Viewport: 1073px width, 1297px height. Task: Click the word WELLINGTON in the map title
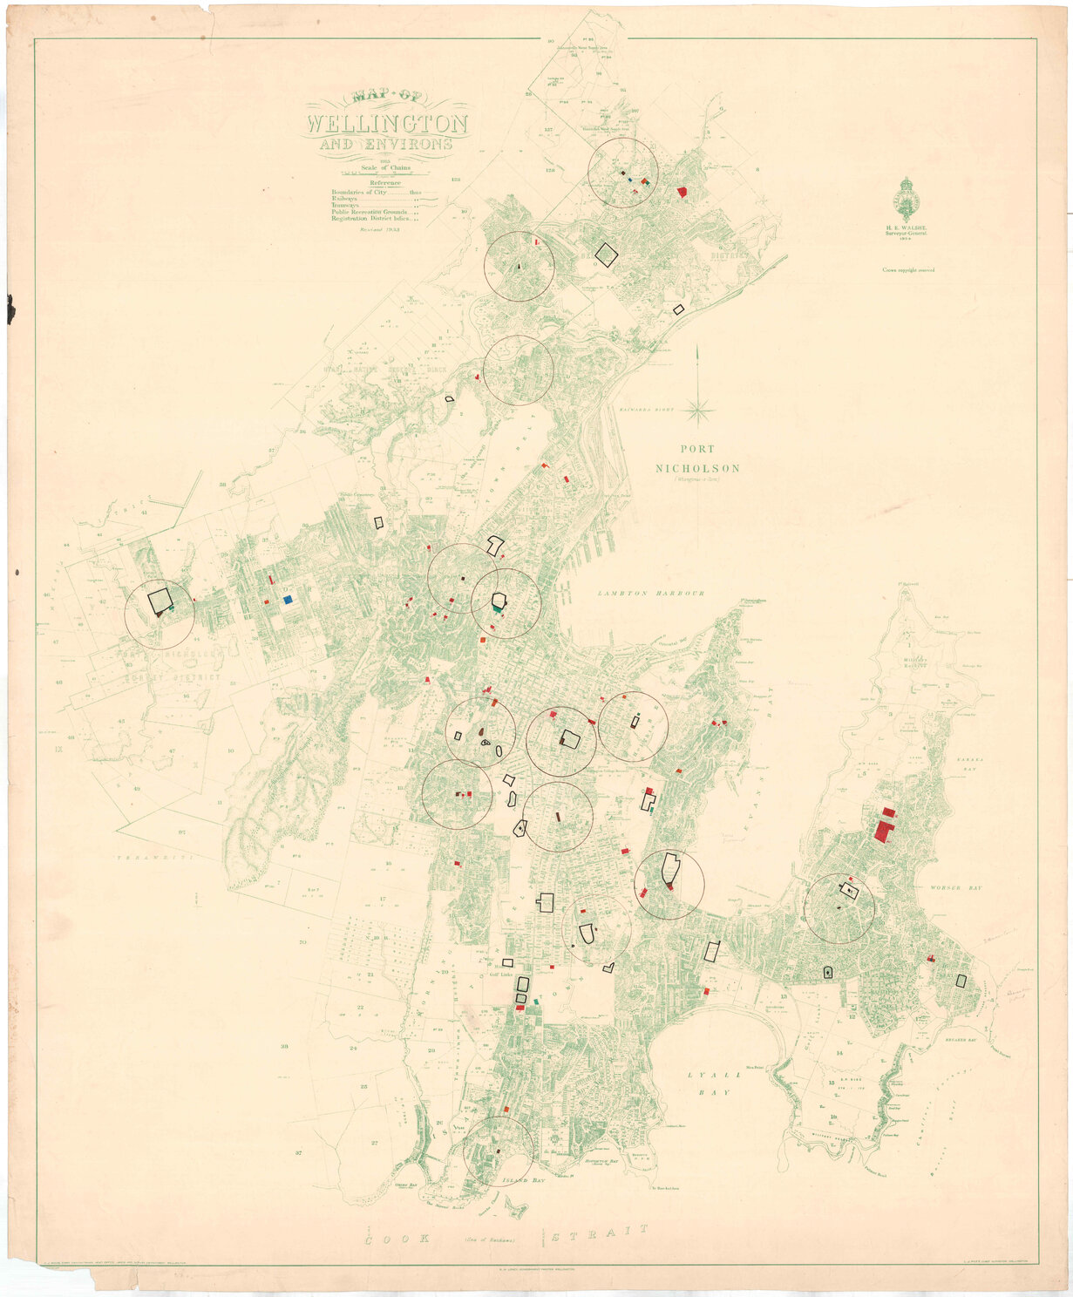(387, 124)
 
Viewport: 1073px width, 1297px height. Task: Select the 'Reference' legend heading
(384, 183)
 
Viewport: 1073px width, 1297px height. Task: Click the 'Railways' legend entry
(345, 200)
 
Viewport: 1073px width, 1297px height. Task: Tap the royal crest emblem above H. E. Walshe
(907, 198)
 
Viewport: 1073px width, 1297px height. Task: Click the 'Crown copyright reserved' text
(908, 270)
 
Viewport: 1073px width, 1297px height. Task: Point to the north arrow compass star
(697, 407)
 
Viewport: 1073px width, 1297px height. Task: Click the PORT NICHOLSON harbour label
(697, 460)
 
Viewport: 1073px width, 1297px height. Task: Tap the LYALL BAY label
(707, 1084)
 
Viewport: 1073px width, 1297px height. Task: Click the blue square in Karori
(288, 600)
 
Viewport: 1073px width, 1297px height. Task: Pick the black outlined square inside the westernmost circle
(160, 600)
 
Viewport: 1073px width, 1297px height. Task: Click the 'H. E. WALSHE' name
(908, 227)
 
